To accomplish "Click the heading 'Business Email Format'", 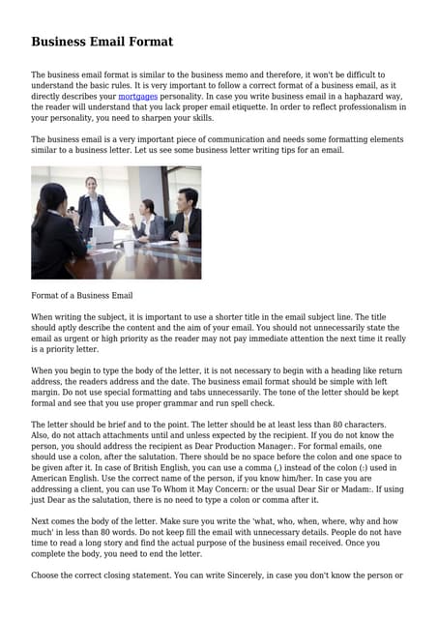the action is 102,42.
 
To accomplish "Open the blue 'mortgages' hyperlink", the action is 137,97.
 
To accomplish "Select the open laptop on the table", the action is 102,233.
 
